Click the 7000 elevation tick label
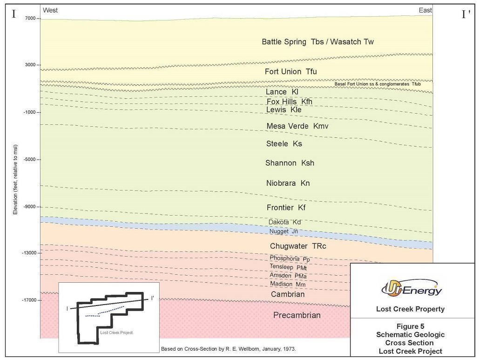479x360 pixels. coord(30,18)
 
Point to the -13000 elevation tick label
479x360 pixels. coord(28,253)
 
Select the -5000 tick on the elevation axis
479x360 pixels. coord(29,159)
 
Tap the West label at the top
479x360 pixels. coord(50,10)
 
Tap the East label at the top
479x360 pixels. coord(425,10)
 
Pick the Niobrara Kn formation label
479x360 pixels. coord(287,183)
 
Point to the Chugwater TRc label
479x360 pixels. coord(295,246)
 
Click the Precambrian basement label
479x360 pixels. coord(297,315)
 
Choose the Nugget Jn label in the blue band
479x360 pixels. coord(283,231)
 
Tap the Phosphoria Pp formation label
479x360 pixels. coord(290,258)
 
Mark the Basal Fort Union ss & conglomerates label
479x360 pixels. coord(378,84)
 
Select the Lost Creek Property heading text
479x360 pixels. coord(410,309)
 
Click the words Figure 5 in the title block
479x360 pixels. coord(410,326)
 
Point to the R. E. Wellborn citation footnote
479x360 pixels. coord(228,349)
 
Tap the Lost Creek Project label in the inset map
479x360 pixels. coord(116,333)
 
